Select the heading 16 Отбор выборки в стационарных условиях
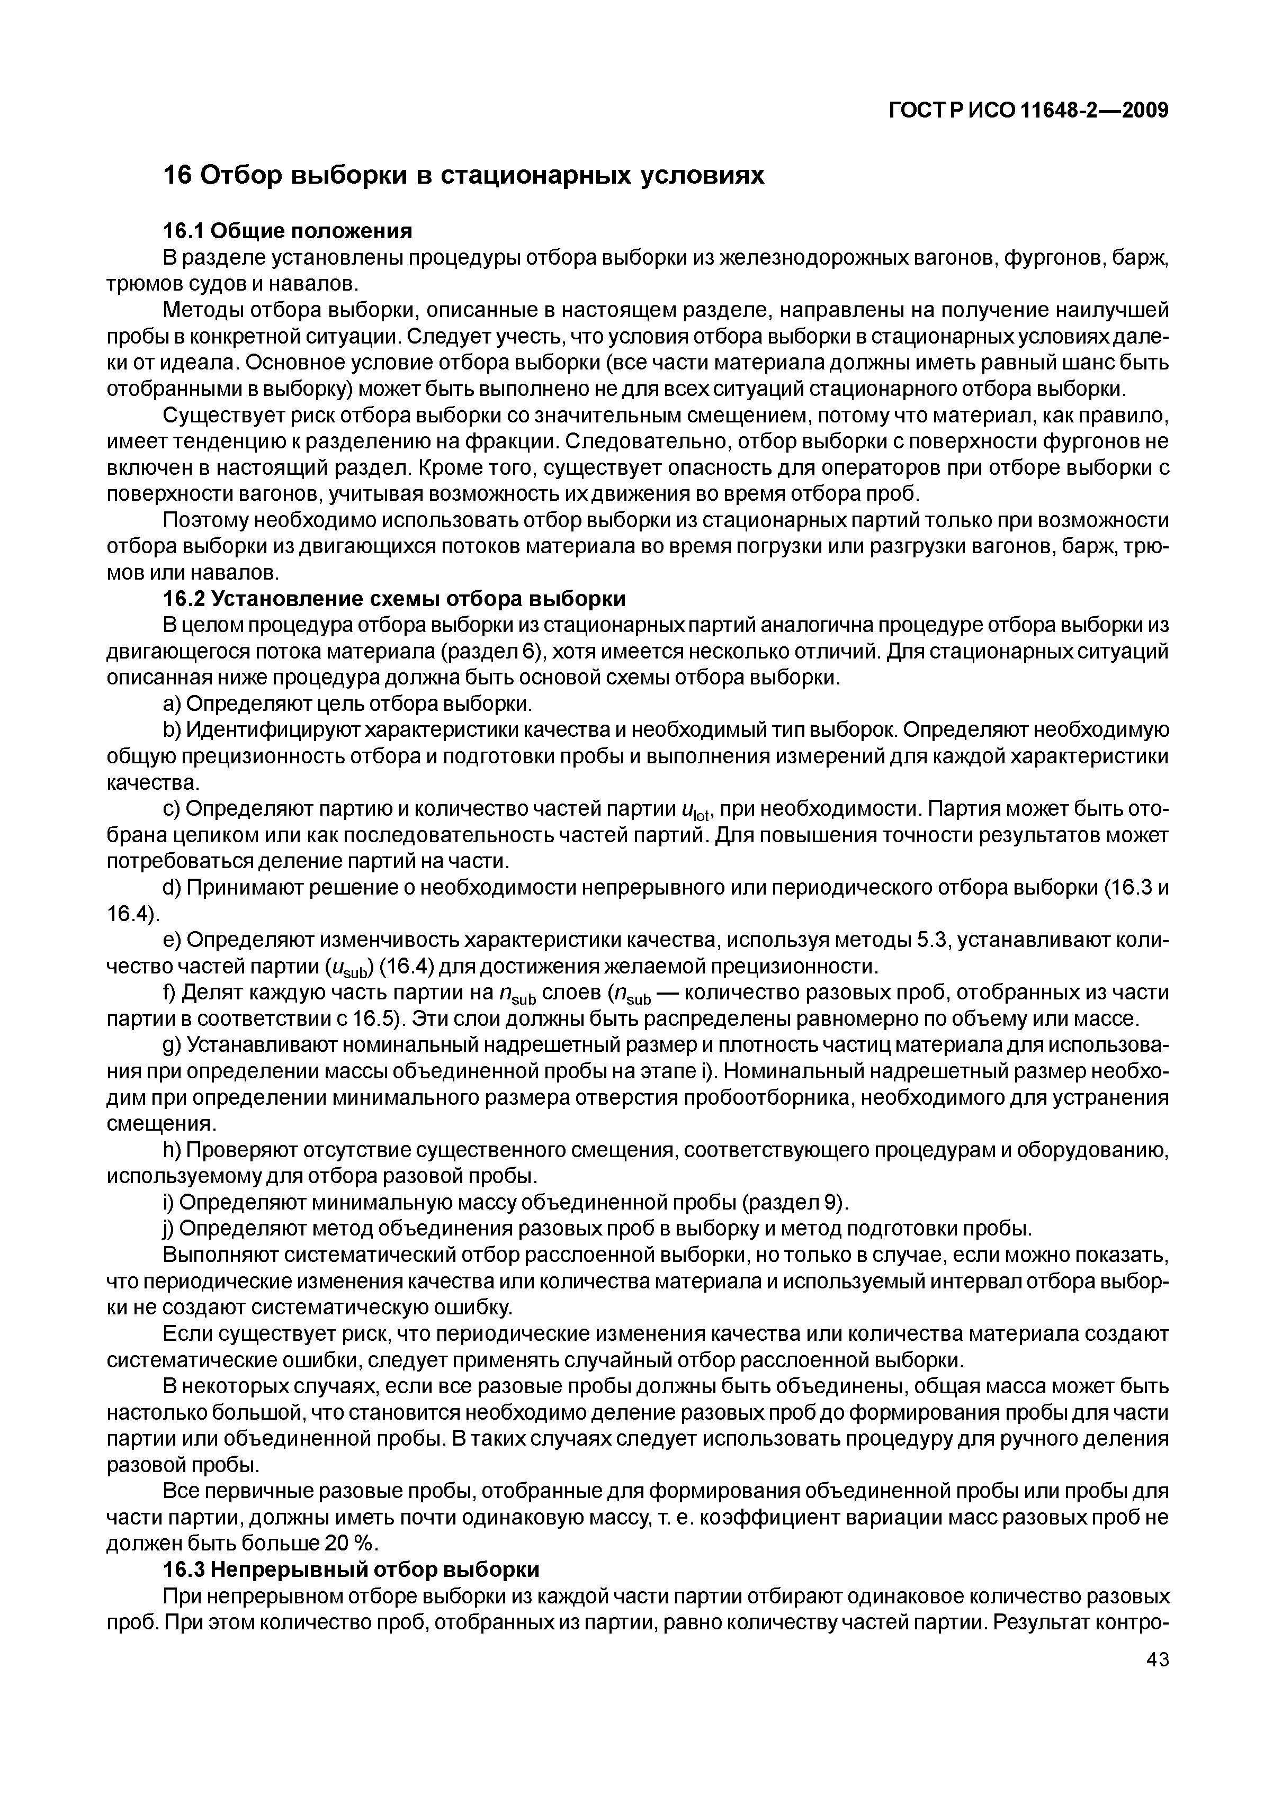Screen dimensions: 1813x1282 coord(464,175)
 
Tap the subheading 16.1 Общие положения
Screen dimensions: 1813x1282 coord(288,231)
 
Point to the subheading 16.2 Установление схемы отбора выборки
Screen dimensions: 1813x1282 coord(394,599)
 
